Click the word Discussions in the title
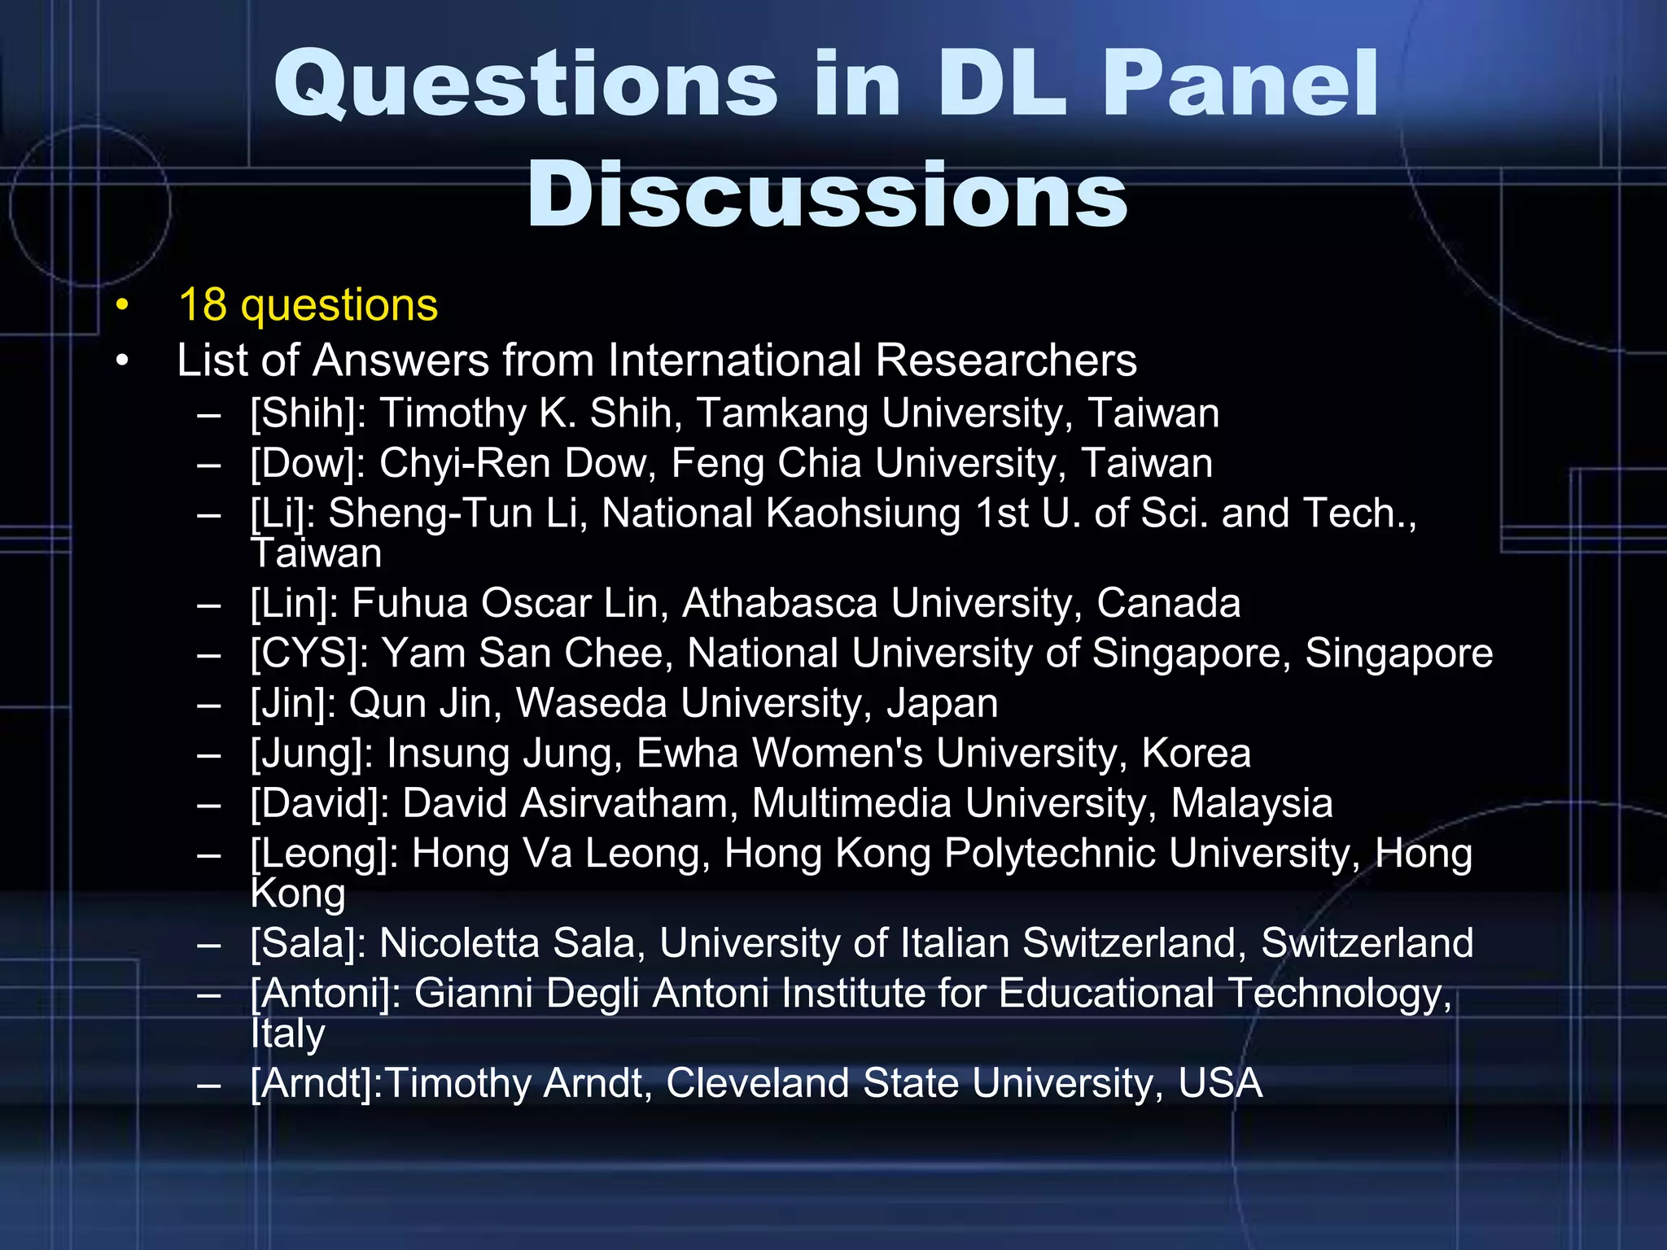click(x=827, y=195)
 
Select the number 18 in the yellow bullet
click(x=202, y=305)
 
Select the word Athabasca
click(x=780, y=604)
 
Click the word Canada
click(x=1168, y=604)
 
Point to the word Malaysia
click(x=1252, y=804)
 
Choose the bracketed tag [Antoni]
click(x=326, y=994)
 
